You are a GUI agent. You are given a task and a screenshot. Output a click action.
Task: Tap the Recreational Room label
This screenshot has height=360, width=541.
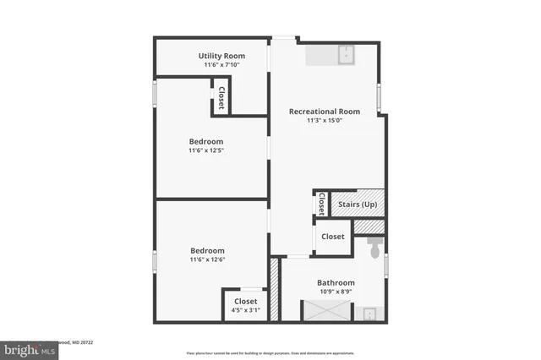(325, 112)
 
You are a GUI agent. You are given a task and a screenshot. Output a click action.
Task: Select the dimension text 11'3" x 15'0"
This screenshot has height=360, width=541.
(325, 121)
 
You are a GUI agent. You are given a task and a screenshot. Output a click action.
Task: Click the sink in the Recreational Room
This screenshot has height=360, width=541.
(346, 55)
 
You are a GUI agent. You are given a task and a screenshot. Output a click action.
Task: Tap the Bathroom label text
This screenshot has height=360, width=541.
(336, 282)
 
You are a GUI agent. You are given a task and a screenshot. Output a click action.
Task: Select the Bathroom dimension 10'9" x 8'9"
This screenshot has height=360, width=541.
(336, 292)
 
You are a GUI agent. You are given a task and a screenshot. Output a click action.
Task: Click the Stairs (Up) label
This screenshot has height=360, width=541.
(358, 205)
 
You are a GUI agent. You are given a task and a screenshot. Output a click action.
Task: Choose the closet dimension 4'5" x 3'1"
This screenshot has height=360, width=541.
(245, 310)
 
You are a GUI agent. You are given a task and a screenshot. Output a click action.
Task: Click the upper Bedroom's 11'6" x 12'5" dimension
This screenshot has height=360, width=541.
(206, 150)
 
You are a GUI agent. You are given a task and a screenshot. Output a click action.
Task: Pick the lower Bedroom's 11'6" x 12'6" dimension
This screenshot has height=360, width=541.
(207, 260)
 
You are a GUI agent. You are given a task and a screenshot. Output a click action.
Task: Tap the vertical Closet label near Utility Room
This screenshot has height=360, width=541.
(221, 97)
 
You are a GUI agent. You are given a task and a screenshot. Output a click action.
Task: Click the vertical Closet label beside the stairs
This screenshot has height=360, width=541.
(321, 205)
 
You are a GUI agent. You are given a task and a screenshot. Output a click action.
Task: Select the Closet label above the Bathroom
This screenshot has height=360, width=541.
(333, 237)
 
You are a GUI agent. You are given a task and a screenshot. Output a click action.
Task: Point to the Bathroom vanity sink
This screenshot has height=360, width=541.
(371, 314)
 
